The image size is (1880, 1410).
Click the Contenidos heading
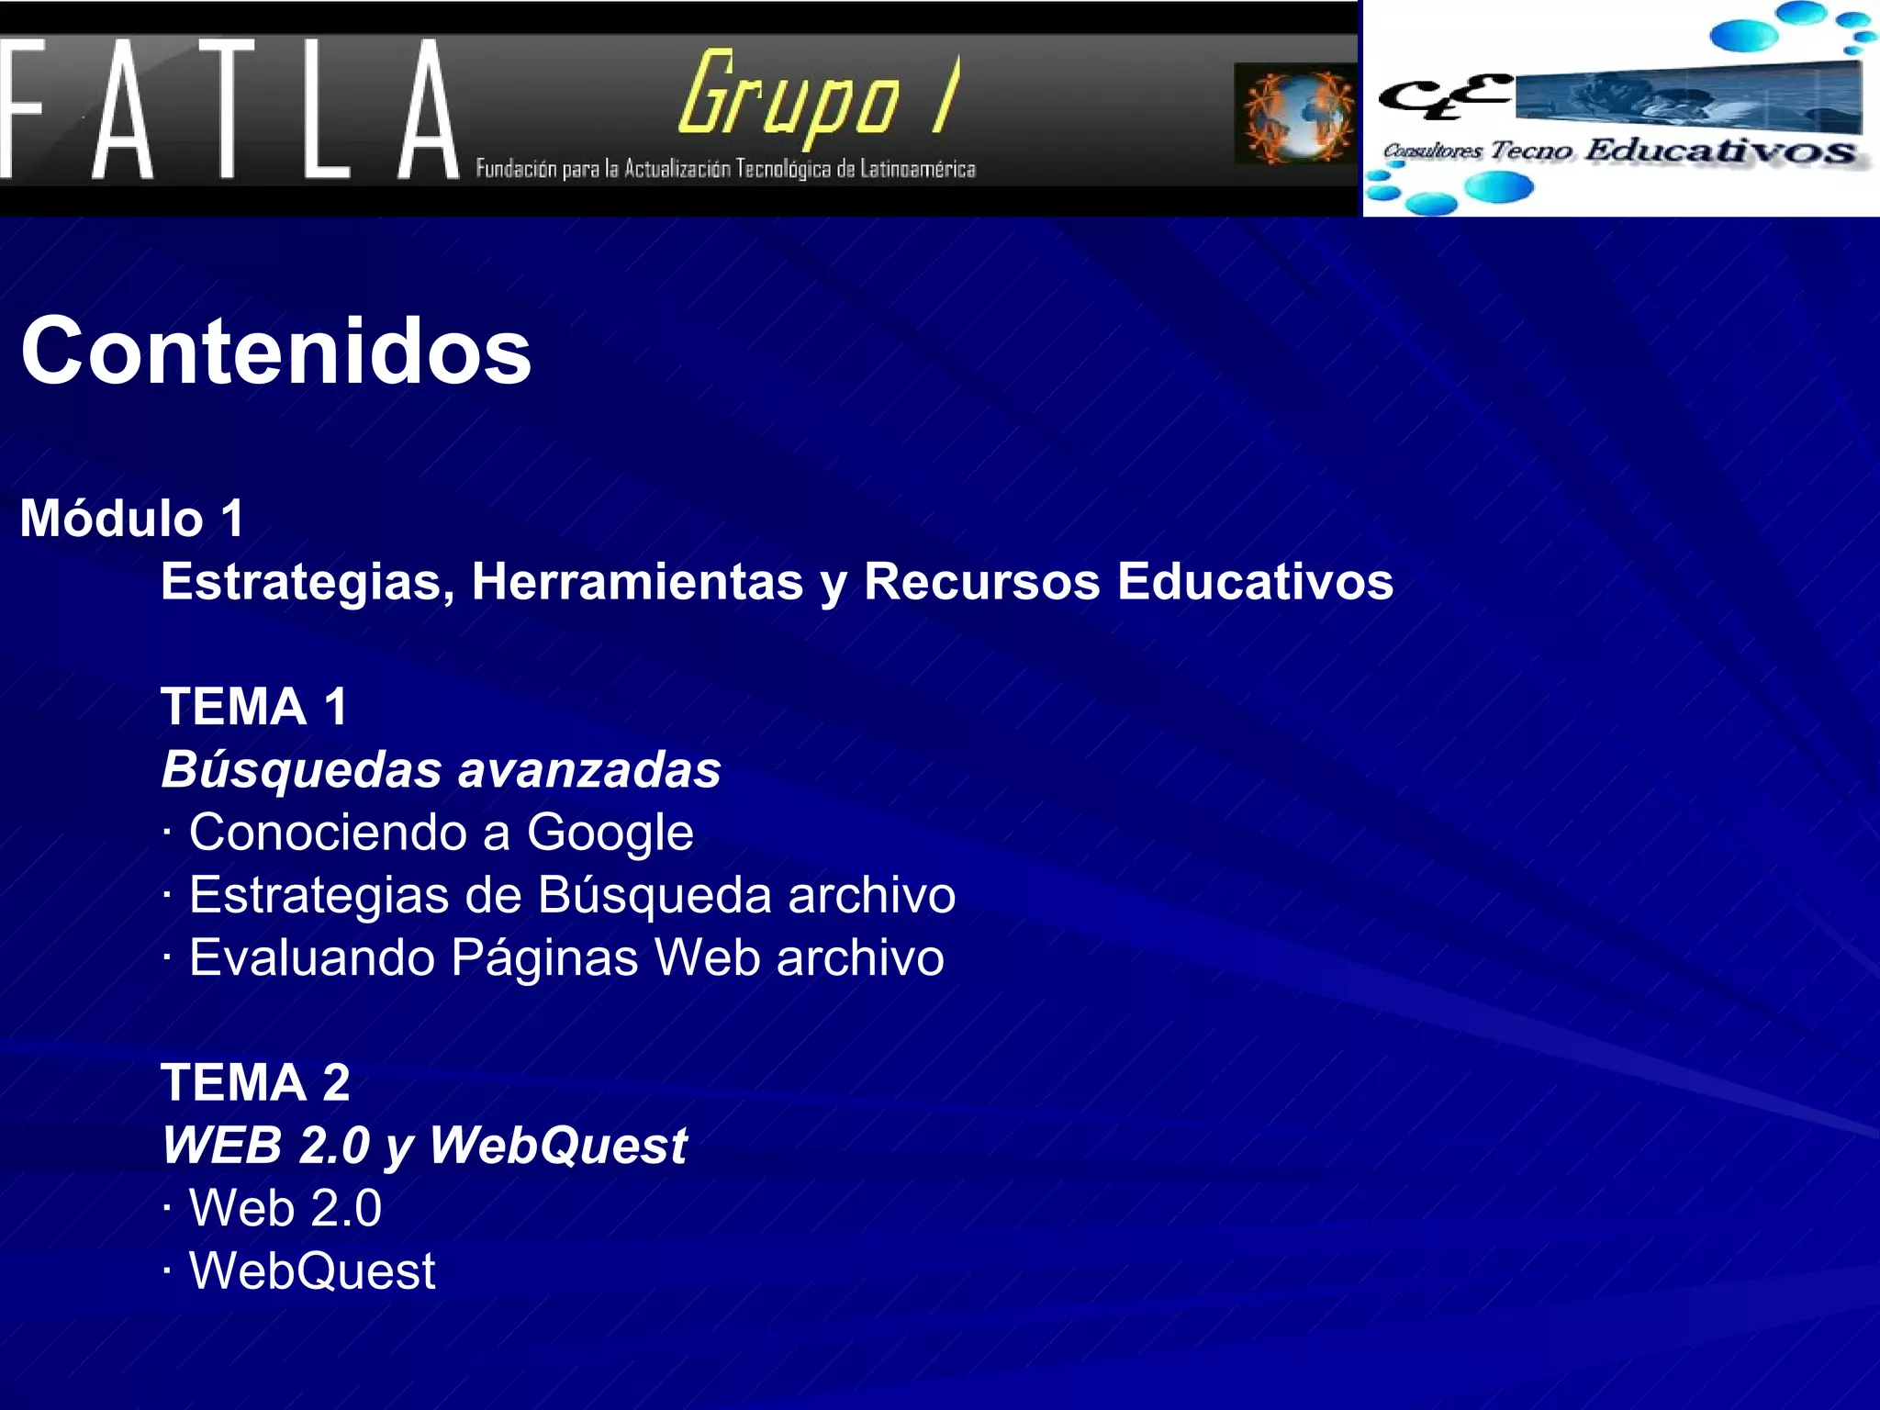pyautogui.click(x=275, y=352)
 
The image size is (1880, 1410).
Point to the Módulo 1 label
pyautogui.click(x=133, y=519)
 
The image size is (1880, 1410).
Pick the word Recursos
pyautogui.click(x=981, y=582)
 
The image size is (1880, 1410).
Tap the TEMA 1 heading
pyautogui.click(x=254, y=707)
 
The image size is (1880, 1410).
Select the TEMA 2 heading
pyautogui.click(x=255, y=1082)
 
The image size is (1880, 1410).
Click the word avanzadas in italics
pyautogui.click(x=589, y=769)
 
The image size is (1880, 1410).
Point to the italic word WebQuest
pyautogui.click(x=558, y=1146)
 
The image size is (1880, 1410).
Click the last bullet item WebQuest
pyautogui.click(x=312, y=1271)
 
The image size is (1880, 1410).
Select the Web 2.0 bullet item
pyautogui.click(x=285, y=1208)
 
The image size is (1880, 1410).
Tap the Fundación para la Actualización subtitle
pyautogui.click(x=725, y=169)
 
